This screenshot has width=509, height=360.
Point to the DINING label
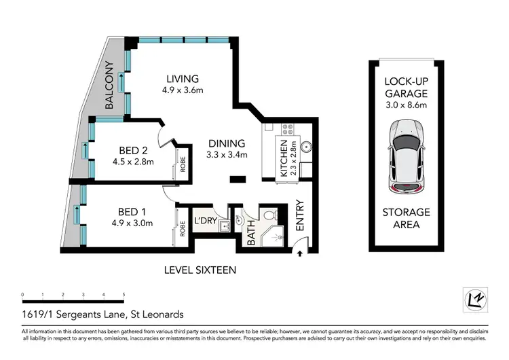pos(227,143)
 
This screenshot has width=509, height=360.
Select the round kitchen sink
pos(304,145)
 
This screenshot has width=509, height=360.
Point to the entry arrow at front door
pos(300,254)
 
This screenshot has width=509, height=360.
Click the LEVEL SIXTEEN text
pos(200,270)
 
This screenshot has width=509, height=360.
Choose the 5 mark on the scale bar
pos(124,295)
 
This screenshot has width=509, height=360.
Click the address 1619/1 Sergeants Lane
pos(102,314)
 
